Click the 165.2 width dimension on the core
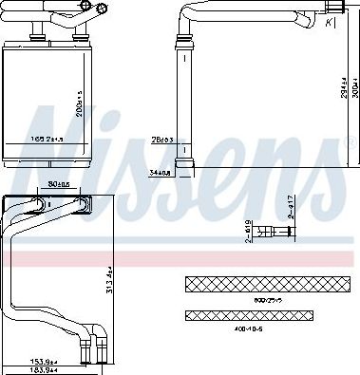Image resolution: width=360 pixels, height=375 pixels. coord(45,140)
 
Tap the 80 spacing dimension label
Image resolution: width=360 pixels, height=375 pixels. coord(56,186)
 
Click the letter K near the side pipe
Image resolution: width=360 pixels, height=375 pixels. coord(329,22)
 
